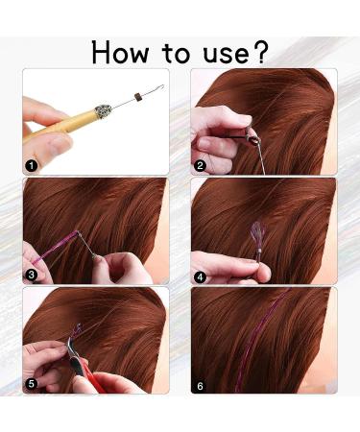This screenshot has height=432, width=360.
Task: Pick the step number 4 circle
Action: click(x=200, y=275)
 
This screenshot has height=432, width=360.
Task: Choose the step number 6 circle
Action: click(x=200, y=384)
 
